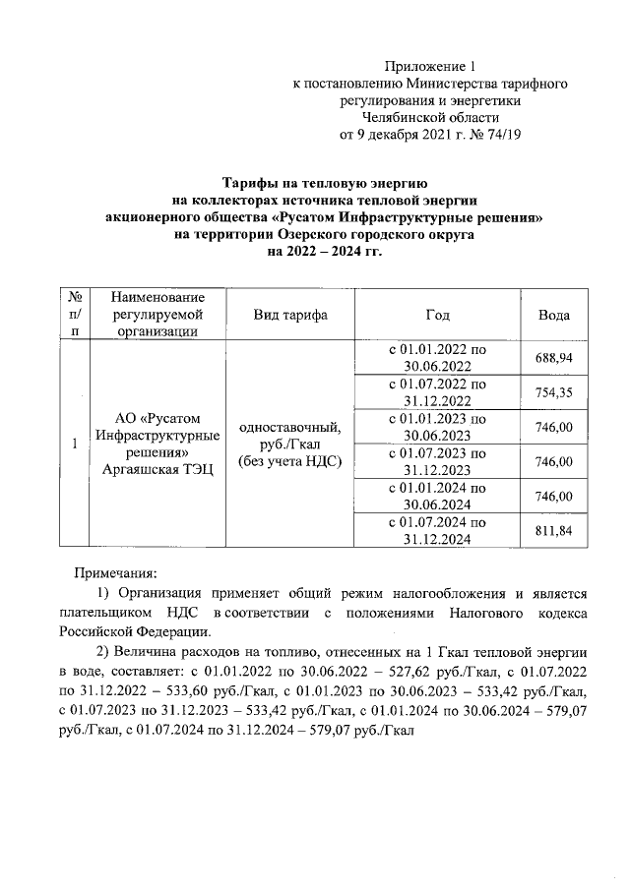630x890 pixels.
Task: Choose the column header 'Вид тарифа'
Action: (290, 315)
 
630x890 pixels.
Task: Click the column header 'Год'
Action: (437, 315)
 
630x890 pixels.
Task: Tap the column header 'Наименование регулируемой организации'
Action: (157, 315)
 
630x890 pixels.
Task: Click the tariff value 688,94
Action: (553, 358)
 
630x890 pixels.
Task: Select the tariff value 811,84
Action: (553, 531)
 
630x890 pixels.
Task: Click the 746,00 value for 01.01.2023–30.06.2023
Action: (553, 427)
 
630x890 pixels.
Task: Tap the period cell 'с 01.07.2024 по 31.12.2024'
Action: (437, 531)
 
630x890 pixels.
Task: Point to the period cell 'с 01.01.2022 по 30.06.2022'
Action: (437, 358)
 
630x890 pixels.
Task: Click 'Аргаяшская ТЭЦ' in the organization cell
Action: (157, 471)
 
